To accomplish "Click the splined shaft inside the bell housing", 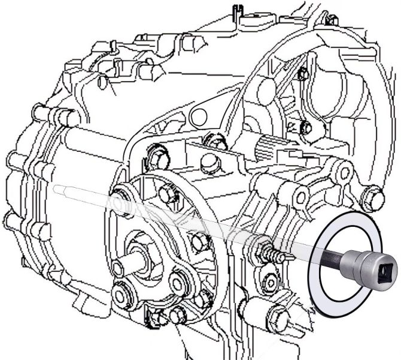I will tap(269, 146).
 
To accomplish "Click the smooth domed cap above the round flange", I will tap(208, 162).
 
